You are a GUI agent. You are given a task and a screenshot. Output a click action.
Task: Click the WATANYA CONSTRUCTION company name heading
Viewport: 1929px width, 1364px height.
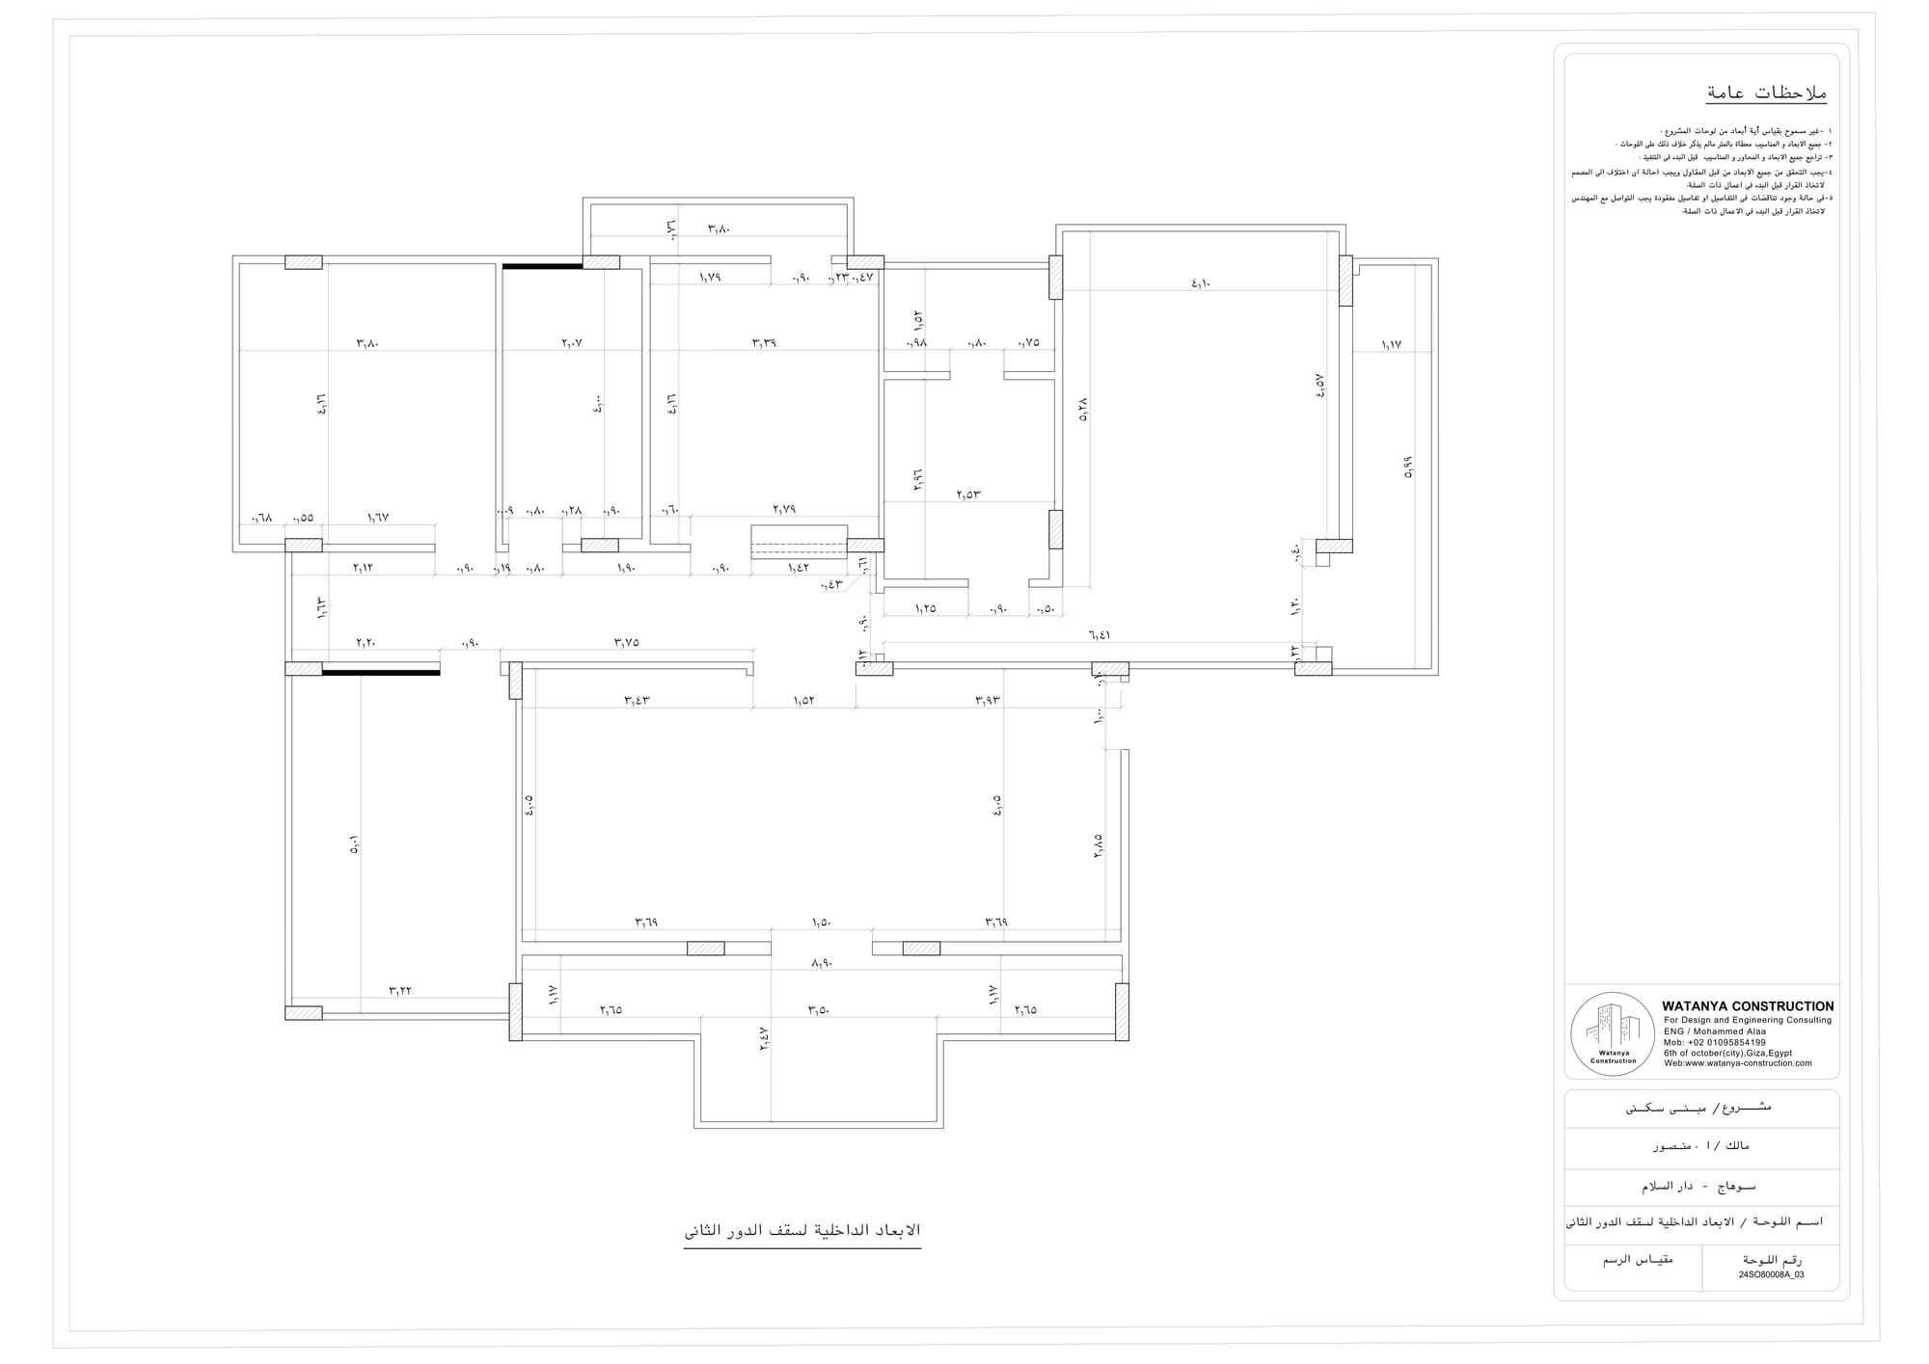point(1748,1006)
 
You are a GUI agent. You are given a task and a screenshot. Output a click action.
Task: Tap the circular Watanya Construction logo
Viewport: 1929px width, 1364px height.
point(1613,1034)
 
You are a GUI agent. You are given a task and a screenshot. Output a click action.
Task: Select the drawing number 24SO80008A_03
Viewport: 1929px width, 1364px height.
point(1771,1274)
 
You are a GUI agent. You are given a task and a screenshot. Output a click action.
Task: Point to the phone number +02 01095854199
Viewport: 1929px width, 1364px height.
point(1715,1042)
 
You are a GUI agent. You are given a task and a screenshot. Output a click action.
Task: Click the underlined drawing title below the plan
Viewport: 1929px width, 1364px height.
point(802,1231)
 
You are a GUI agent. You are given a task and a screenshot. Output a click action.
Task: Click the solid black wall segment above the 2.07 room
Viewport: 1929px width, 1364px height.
point(542,265)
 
